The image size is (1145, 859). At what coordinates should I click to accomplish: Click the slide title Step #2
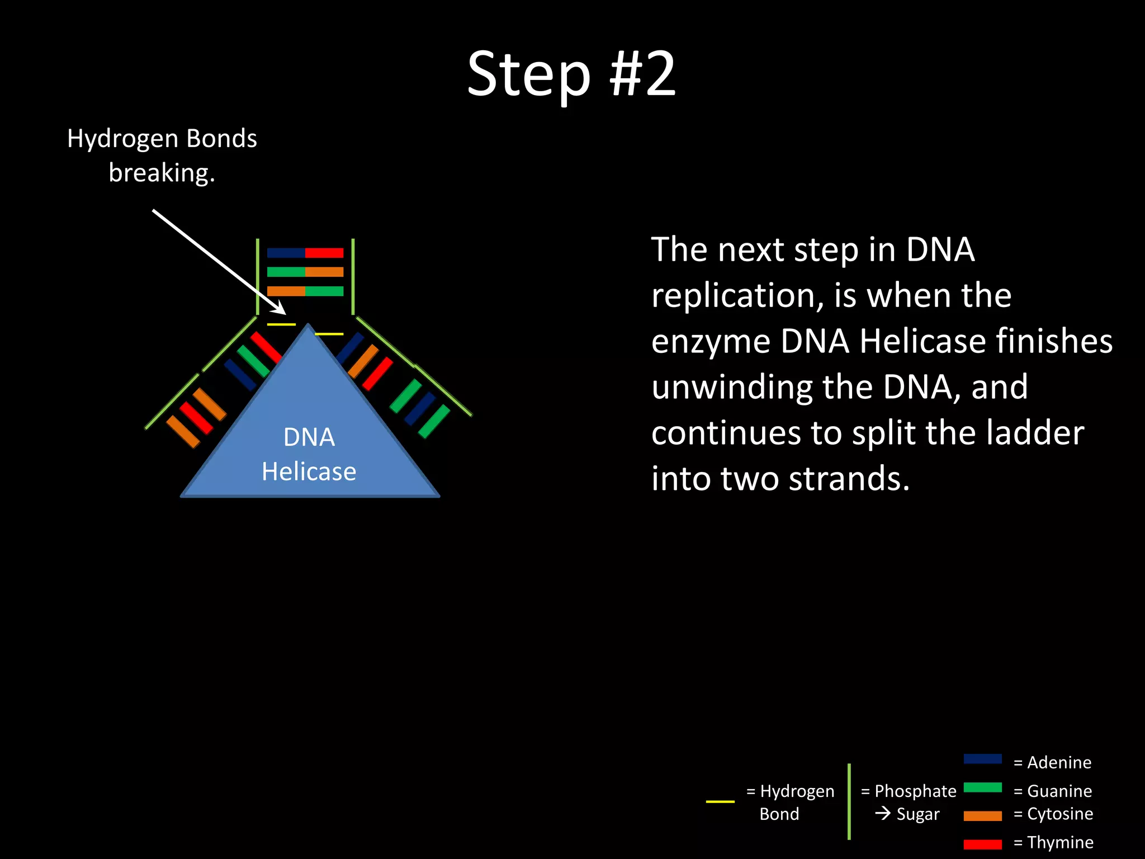pos(571,74)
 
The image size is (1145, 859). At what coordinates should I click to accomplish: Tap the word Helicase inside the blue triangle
pos(309,471)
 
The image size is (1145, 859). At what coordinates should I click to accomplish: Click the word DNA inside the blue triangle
pos(309,437)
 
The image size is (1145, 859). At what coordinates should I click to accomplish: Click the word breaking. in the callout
pos(162,173)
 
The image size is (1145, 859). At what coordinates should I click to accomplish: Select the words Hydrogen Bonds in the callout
pos(162,138)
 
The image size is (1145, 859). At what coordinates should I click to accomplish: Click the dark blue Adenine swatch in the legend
pos(982,759)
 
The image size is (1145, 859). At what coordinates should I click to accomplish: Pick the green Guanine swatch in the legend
pos(982,787)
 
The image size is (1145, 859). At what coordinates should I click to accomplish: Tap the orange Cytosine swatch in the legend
pos(982,816)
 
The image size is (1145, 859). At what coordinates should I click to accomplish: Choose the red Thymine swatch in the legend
pos(982,844)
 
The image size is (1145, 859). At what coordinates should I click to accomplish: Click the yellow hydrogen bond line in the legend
pos(720,801)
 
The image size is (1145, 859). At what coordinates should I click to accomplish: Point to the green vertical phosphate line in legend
pos(849,801)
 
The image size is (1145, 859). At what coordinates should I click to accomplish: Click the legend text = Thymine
pos(1053,842)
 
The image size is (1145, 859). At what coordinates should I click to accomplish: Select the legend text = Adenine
pos(1052,762)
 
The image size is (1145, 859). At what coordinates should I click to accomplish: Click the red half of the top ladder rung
pos(324,253)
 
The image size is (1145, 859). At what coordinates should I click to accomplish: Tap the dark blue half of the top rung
pos(286,253)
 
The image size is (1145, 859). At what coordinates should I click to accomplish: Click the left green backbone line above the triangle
pos(258,276)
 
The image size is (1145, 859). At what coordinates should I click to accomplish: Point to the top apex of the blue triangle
pos(308,326)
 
